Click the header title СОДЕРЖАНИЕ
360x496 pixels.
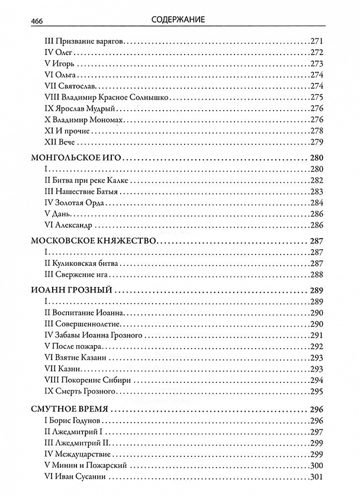point(179,20)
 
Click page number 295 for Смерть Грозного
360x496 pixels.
point(318,391)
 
